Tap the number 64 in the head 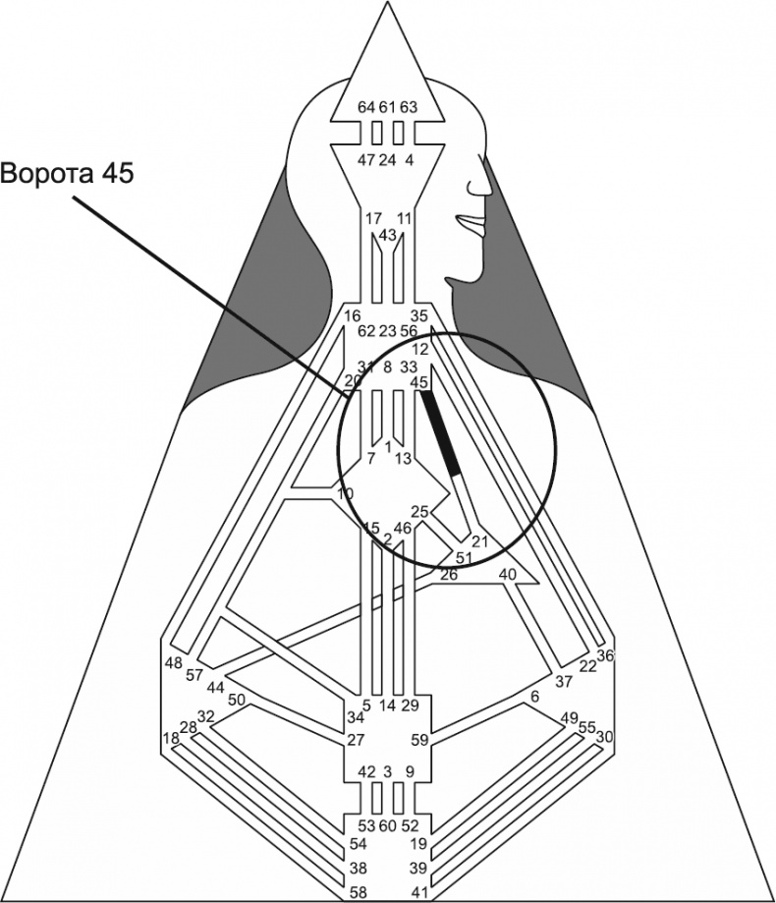[365, 106]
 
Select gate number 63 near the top [409, 106]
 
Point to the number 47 [365, 160]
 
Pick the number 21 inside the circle [480, 540]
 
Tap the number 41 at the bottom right [419, 891]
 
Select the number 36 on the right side [605, 655]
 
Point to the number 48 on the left [173, 662]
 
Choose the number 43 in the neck [387, 236]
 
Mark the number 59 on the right [419, 739]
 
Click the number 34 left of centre [355, 718]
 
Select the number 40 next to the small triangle [508, 574]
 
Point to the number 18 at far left [170, 738]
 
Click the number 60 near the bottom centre [387, 824]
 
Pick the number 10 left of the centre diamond [345, 492]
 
